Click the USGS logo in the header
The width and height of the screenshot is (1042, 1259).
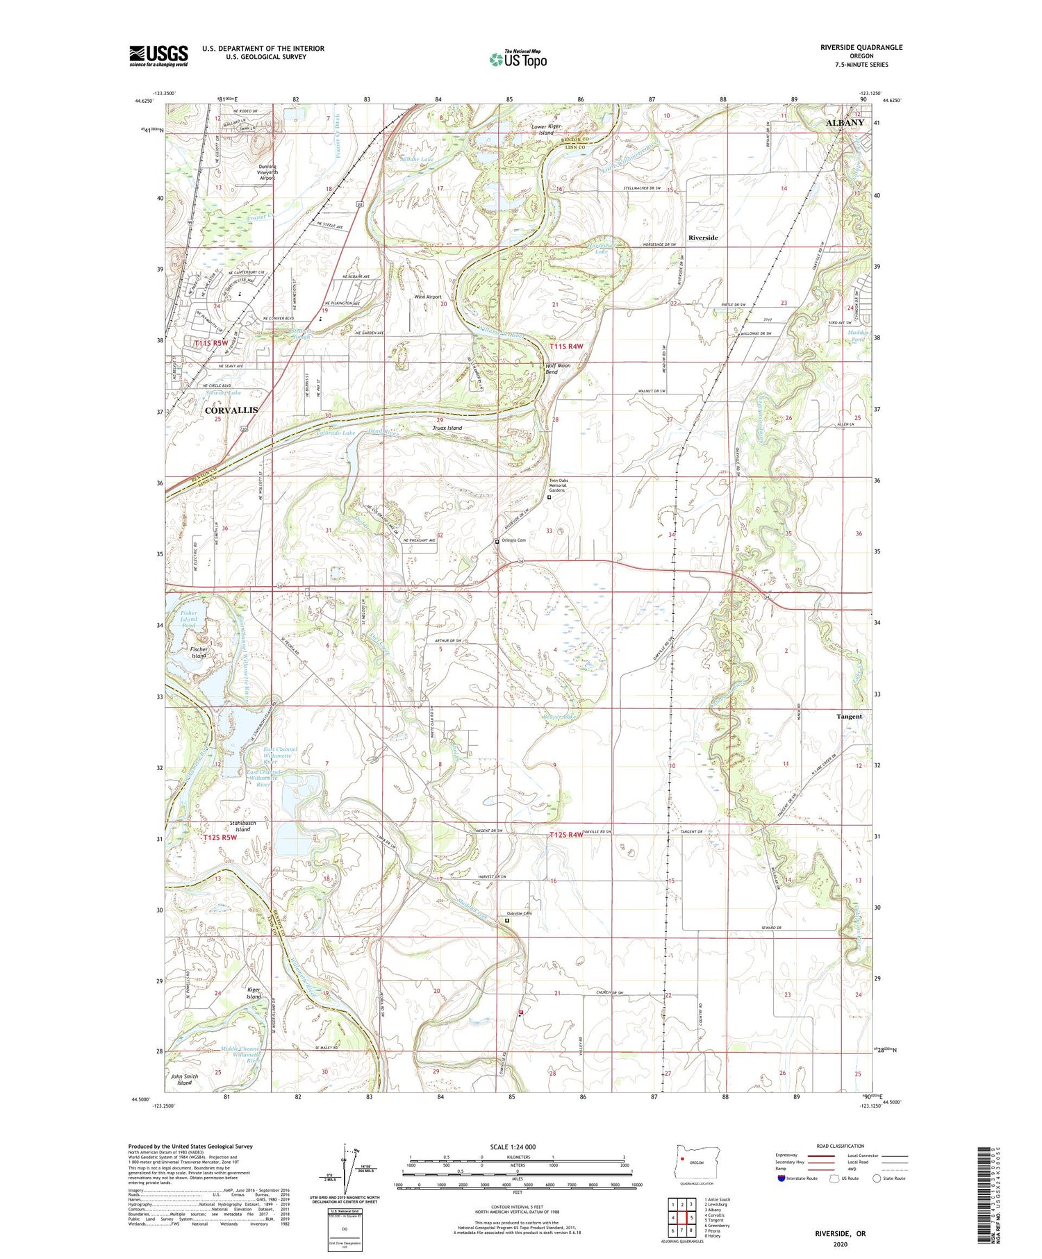(158, 56)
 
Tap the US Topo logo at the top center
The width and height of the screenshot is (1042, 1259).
(518, 60)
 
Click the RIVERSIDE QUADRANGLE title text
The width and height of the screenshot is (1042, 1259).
(861, 47)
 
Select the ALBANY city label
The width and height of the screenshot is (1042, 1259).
(845, 123)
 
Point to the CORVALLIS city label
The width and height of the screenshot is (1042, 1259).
(231, 410)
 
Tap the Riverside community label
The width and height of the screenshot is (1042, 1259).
(703, 237)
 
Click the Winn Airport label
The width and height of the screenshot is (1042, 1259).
(428, 297)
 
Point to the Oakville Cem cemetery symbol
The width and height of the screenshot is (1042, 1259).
(506, 920)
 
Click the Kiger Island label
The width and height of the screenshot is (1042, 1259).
(254, 993)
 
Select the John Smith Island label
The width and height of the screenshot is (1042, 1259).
(184, 1079)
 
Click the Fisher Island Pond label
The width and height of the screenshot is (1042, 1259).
(188, 619)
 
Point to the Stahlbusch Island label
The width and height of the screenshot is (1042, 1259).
(242, 826)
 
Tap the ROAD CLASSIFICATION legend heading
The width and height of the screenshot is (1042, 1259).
(841, 1146)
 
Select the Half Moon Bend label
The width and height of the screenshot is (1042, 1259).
(558, 369)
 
